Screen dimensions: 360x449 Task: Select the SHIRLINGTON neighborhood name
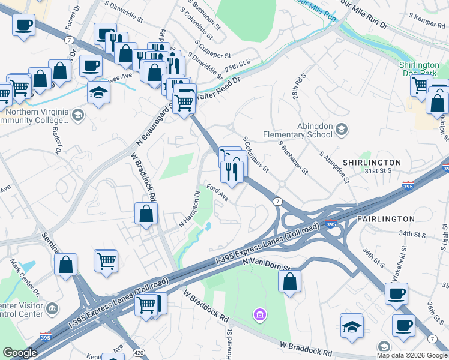372,163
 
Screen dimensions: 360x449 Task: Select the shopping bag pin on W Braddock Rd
146,214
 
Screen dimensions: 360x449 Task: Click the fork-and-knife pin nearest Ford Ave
232,172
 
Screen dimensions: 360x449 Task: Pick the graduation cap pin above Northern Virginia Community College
98,92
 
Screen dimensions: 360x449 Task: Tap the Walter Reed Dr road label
223,89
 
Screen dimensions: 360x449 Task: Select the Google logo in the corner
20,353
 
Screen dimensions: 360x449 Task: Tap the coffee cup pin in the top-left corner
23,25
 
